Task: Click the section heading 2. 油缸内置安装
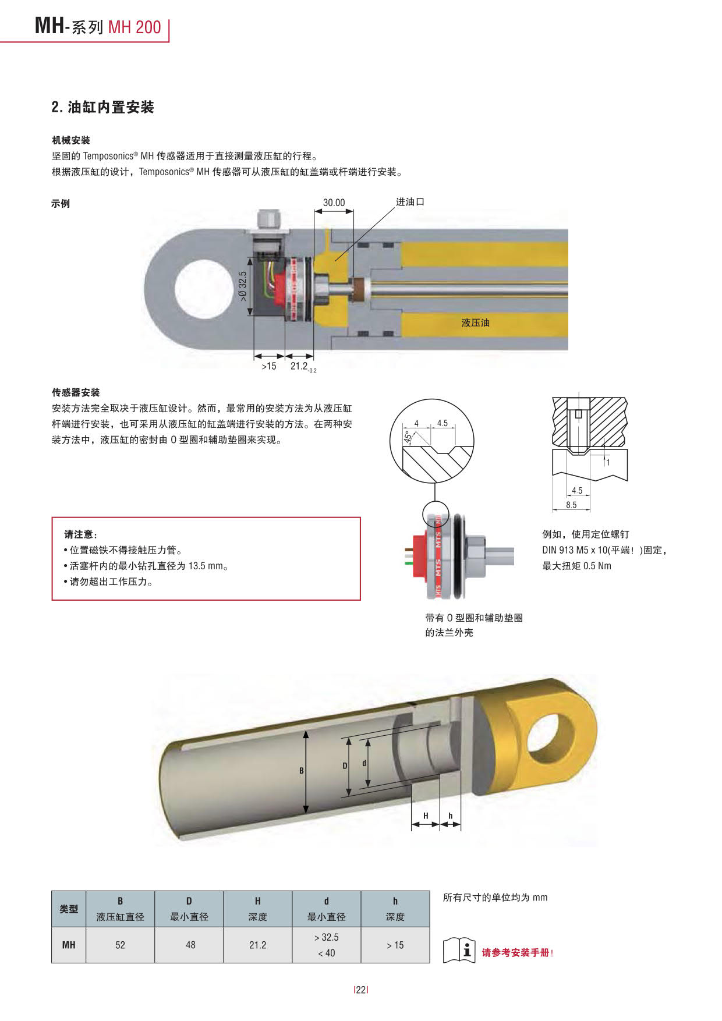pyautogui.click(x=102, y=107)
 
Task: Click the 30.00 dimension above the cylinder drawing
pyautogui.click(x=334, y=203)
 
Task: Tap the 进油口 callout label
pyautogui.click(x=410, y=202)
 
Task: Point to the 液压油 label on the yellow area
pyautogui.click(x=475, y=322)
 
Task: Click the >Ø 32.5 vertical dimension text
pyautogui.click(x=243, y=286)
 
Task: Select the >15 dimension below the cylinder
pyautogui.click(x=268, y=366)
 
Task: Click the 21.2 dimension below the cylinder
pyautogui.click(x=300, y=366)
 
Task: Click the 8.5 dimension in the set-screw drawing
pyautogui.click(x=571, y=505)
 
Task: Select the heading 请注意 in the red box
pyautogui.click(x=80, y=534)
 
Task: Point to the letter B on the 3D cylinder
pyautogui.click(x=302, y=771)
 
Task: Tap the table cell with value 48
pyautogui.click(x=190, y=945)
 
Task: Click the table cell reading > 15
pyautogui.click(x=395, y=945)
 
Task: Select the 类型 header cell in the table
pyautogui.click(x=69, y=909)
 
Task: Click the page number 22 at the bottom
pyautogui.click(x=361, y=990)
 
